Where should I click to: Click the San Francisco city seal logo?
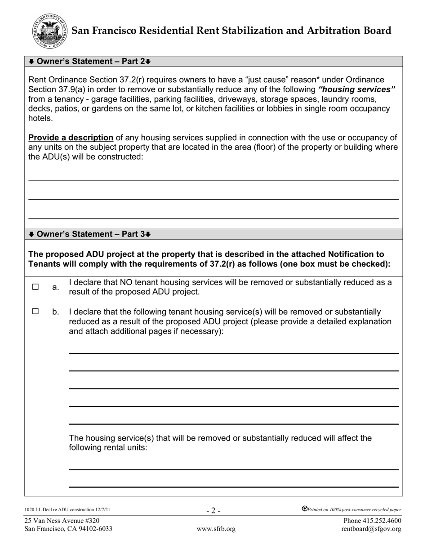point(50,31)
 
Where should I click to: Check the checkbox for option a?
point(36,287)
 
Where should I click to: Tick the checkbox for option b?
point(36,311)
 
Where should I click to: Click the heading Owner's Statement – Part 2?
point(89,61)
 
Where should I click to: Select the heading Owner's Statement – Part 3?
point(89,234)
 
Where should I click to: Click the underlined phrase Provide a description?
point(71,138)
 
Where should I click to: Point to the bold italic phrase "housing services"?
point(357,89)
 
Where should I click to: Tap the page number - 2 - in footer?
point(213,510)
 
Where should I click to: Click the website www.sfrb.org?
point(216,529)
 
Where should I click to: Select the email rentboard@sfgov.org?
point(371,529)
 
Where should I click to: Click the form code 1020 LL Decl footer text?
point(67,510)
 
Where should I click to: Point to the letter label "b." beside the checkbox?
point(56,312)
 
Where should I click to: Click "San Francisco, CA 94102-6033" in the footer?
point(68,529)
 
